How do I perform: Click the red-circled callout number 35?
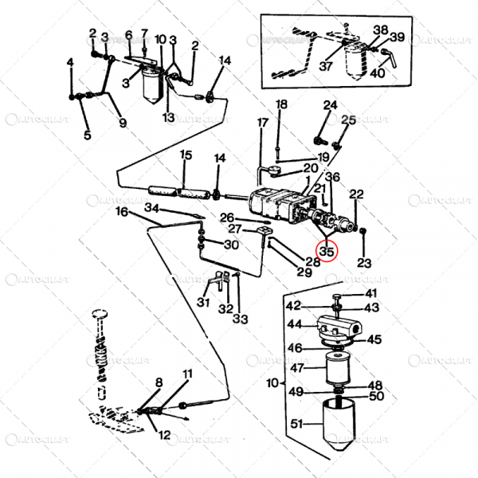pyautogui.click(x=327, y=251)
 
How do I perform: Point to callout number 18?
pyautogui.click(x=281, y=104)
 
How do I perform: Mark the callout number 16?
pyautogui.click(x=122, y=212)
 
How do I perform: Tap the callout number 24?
pyautogui.click(x=331, y=104)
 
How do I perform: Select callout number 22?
pyautogui.click(x=357, y=194)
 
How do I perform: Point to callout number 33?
pyautogui.click(x=239, y=319)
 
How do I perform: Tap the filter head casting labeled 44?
pyautogui.click(x=338, y=326)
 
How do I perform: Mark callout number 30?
pyautogui.click(x=231, y=245)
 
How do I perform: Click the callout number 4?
pyautogui.click(x=70, y=62)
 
